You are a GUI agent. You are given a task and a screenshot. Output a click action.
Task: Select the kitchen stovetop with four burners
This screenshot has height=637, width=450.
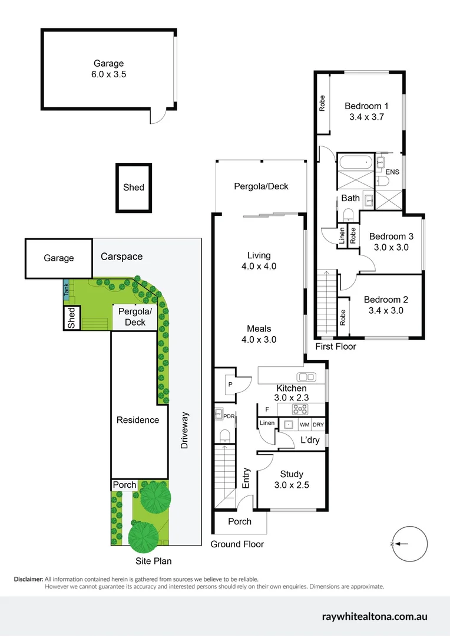tap(301, 409)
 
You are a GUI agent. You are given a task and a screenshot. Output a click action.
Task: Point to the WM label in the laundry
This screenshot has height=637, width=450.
tap(305, 425)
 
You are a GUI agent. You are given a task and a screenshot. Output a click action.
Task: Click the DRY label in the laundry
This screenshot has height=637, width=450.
tap(319, 425)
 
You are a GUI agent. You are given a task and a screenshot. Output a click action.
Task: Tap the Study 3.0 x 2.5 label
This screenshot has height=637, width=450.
tap(292, 480)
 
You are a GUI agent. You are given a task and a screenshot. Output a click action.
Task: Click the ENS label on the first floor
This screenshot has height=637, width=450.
tap(393, 172)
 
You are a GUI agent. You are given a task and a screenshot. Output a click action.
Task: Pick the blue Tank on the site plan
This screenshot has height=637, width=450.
tap(67, 290)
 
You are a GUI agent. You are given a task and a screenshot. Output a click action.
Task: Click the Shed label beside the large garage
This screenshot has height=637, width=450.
tap(133, 188)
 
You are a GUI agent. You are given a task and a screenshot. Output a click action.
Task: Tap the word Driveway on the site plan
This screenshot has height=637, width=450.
tap(184, 430)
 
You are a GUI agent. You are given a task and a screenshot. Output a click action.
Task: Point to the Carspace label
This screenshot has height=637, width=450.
tap(121, 257)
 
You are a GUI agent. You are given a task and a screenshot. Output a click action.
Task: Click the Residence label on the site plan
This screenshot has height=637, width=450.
tap(138, 420)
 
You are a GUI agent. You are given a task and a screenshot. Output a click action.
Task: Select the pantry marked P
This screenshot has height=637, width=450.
tap(229, 384)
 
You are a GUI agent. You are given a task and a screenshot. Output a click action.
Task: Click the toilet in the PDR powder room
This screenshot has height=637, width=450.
tap(224, 436)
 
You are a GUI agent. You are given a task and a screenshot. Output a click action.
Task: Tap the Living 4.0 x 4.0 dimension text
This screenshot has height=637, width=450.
tap(259, 266)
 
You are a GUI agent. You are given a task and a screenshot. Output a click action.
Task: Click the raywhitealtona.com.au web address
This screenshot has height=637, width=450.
tap(375, 617)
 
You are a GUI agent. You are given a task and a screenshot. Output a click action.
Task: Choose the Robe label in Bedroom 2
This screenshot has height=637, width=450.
tap(342, 318)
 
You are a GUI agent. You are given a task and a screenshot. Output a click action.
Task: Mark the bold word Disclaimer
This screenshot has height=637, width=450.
tap(28, 579)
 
